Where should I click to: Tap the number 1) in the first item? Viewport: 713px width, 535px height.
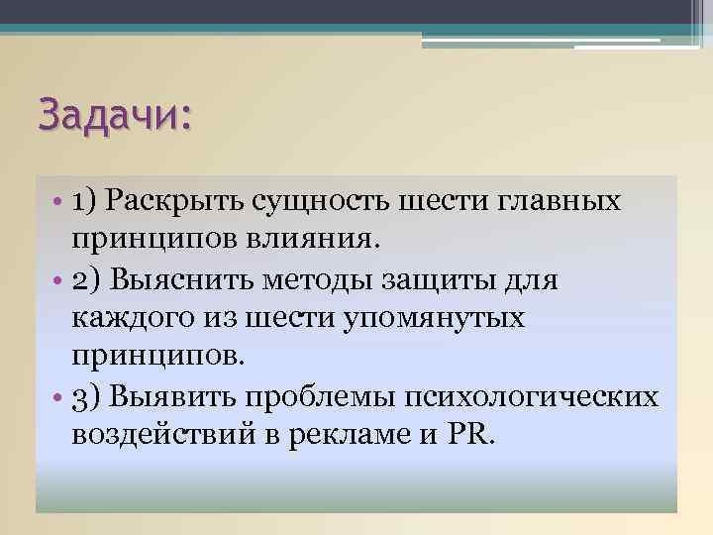[84, 202]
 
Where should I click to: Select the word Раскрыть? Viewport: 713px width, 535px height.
[180, 202]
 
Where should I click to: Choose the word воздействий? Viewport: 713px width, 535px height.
[161, 436]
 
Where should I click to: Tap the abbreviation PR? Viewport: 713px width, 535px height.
[465, 436]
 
